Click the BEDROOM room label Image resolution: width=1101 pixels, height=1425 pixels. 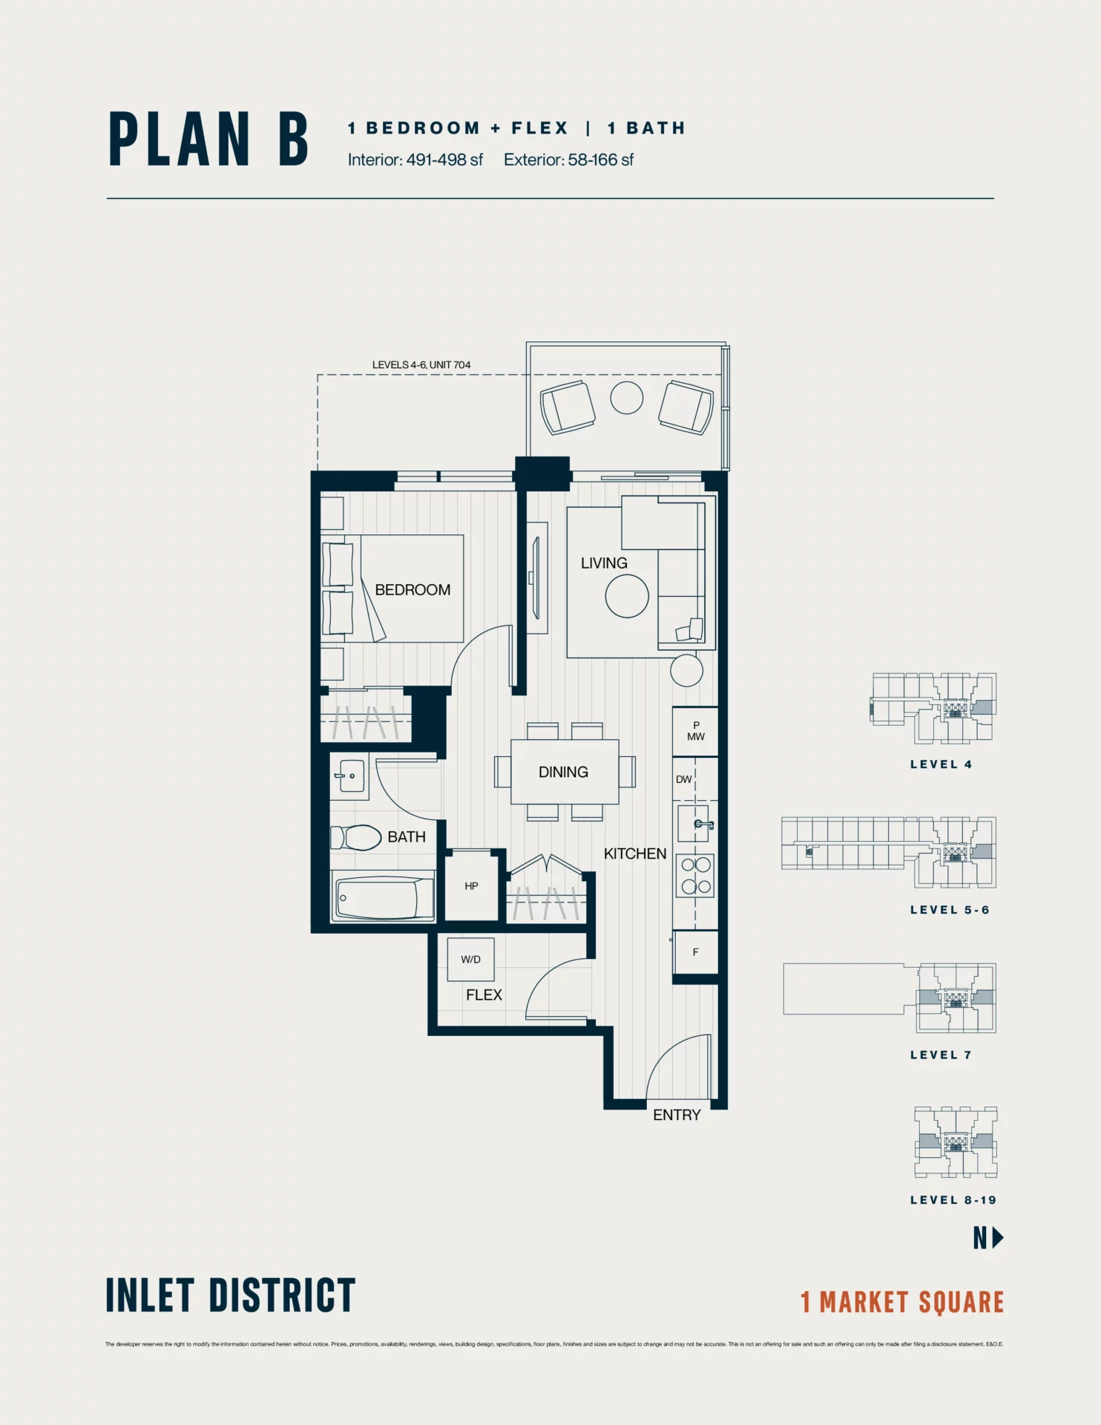pos(413,590)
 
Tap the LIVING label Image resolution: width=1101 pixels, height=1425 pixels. pos(604,563)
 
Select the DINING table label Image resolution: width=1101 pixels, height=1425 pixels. pos(563,773)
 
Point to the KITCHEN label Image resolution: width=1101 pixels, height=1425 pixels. pos(635,854)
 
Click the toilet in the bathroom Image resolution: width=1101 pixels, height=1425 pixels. pos(357,838)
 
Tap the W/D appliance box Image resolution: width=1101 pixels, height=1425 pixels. pos(470,960)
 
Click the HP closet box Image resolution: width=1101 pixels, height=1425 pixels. pos(471,886)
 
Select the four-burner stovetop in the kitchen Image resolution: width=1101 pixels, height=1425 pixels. pos(695,875)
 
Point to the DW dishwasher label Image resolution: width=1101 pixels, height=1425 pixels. pos(683,779)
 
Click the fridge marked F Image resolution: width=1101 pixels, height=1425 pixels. pos(695,952)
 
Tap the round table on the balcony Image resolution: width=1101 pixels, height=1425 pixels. pos(627,398)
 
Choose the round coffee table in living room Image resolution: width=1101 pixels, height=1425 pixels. pos(627,596)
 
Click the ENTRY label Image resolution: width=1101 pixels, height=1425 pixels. pos(677,1116)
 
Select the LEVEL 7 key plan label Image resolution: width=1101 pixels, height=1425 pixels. pos(940,1055)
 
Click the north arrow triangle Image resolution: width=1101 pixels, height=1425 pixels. pos(998,1237)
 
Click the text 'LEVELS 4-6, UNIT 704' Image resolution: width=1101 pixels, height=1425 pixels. pos(421,365)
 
